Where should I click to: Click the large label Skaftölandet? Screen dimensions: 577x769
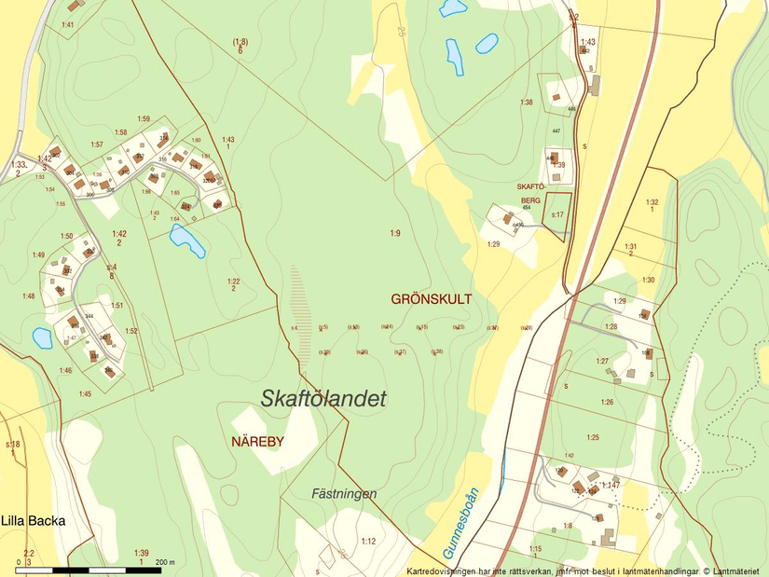[x=323, y=398]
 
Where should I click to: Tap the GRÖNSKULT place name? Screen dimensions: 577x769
[x=432, y=299]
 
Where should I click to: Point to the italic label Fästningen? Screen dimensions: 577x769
[x=344, y=494]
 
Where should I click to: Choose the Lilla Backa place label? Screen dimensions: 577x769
[x=34, y=521]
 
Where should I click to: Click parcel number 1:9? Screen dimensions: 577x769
[x=395, y=232]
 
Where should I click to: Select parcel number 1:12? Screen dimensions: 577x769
[x=368, y=542]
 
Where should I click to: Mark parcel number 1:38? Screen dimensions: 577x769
[x=526, y=103]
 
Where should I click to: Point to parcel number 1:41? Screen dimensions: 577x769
[x=68, y=24]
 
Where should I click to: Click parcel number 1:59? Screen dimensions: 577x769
[x=144, y=118]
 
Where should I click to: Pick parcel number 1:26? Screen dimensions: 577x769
[x=607, y=402]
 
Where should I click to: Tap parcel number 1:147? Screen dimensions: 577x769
[x=611, y=486]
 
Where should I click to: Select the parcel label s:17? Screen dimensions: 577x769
[x=557, y=214]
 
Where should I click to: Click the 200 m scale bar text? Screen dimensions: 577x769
[x=165, y=562]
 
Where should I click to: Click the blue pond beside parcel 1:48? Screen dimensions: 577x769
[x=42, y=337]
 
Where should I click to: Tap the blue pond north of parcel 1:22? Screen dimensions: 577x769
[x=187, y=240]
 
